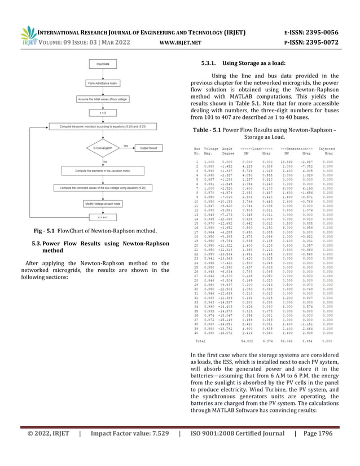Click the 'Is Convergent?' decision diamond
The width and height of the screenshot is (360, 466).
point(98,149)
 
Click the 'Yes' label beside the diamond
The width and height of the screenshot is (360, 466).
point(125,145)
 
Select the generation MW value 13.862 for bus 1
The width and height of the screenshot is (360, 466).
point(285,161)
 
